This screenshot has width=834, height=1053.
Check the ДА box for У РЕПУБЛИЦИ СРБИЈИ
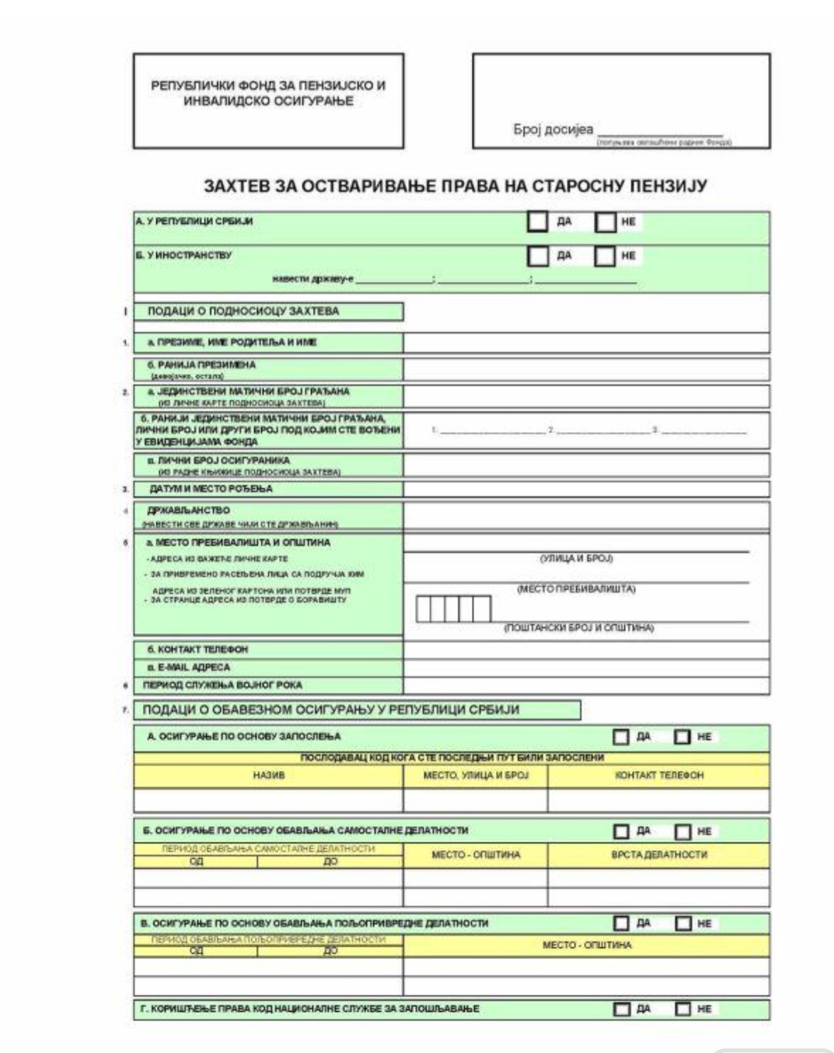[537, 221]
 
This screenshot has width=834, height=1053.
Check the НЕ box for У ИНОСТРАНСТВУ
[605, 256]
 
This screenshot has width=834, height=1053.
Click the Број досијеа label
[553, 130]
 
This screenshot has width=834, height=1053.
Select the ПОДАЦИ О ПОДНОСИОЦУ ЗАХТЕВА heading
[243, 312]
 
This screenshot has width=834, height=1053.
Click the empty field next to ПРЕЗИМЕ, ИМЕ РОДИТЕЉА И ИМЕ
[586, 343]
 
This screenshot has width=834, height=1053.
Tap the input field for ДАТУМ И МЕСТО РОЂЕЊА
[586, 490]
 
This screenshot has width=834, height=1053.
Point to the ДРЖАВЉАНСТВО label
[189, 511]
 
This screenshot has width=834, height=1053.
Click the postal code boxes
[454, 608]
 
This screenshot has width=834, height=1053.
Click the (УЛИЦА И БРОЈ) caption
[576, 559]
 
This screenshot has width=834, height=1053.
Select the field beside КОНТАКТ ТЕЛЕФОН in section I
[586, 650]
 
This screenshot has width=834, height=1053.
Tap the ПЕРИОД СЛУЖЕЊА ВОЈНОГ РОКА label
[222, 685]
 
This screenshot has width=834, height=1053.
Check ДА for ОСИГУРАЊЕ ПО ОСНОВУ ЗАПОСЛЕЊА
[621, 737]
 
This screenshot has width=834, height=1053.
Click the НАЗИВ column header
[269, 776]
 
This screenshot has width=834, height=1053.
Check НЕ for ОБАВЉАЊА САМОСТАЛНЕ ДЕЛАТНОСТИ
[682, 832]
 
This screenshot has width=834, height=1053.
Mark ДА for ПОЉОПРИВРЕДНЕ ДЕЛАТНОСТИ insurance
[621, 923]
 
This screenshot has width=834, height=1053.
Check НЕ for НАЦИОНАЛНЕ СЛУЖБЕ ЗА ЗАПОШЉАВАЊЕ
[682, 1009]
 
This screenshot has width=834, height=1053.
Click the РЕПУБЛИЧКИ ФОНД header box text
[268, 93]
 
